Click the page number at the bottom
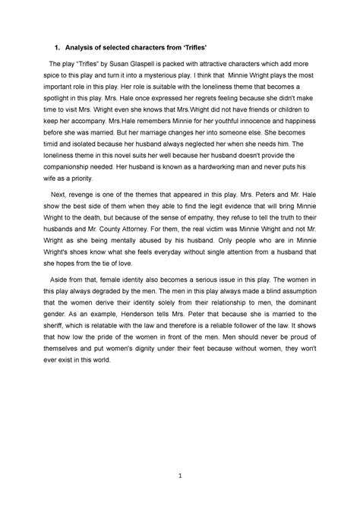[x=179, y=476]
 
